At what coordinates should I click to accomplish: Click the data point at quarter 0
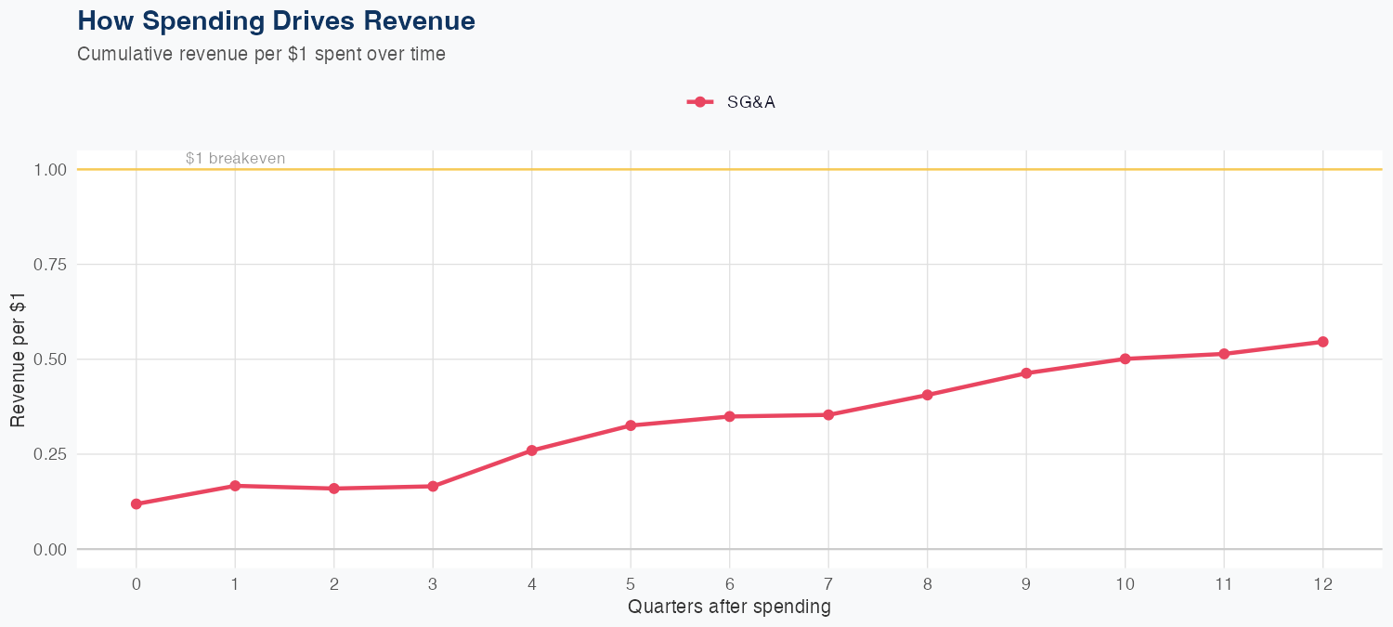point(137,504)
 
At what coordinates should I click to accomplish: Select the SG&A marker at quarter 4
point(532,451)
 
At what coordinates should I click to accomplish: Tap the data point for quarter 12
point(1322,342)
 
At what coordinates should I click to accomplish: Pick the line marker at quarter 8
point(927,395)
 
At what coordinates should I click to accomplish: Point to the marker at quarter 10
point(1125,359)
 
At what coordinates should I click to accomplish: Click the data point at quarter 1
point(235,486)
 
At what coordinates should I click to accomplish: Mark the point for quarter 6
point(730,416)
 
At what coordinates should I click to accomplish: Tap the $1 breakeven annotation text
point(235,159)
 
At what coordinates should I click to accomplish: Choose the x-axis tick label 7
point(828,584)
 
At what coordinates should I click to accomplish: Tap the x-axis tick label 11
point(1224,584)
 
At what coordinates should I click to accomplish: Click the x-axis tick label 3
point(433,584)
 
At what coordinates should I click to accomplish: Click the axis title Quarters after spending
point(729,607)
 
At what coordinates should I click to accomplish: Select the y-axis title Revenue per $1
point(18,359)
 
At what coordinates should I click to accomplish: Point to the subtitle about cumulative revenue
point(261,54)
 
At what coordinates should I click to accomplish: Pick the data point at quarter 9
point(1026,373)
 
